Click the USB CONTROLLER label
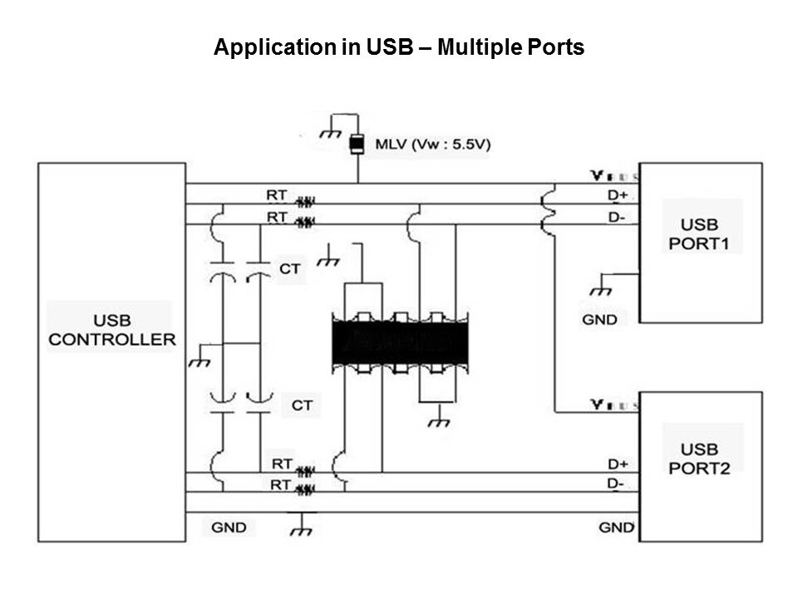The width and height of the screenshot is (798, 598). (111, 330)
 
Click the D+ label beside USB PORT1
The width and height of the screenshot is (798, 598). (618, 195)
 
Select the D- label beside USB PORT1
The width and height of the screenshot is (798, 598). (617, 218)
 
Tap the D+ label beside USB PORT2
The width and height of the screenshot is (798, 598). (617, 463)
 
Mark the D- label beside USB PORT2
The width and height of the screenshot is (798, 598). (616, 483)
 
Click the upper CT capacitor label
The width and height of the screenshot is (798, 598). (290, 269)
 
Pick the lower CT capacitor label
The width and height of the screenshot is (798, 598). (302, 405)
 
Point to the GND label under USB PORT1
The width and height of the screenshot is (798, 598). (599, 319)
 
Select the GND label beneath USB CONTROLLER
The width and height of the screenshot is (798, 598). (228, 527)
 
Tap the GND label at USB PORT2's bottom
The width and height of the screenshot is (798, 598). (616, 527)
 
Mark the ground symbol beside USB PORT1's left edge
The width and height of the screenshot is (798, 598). (598, 290)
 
